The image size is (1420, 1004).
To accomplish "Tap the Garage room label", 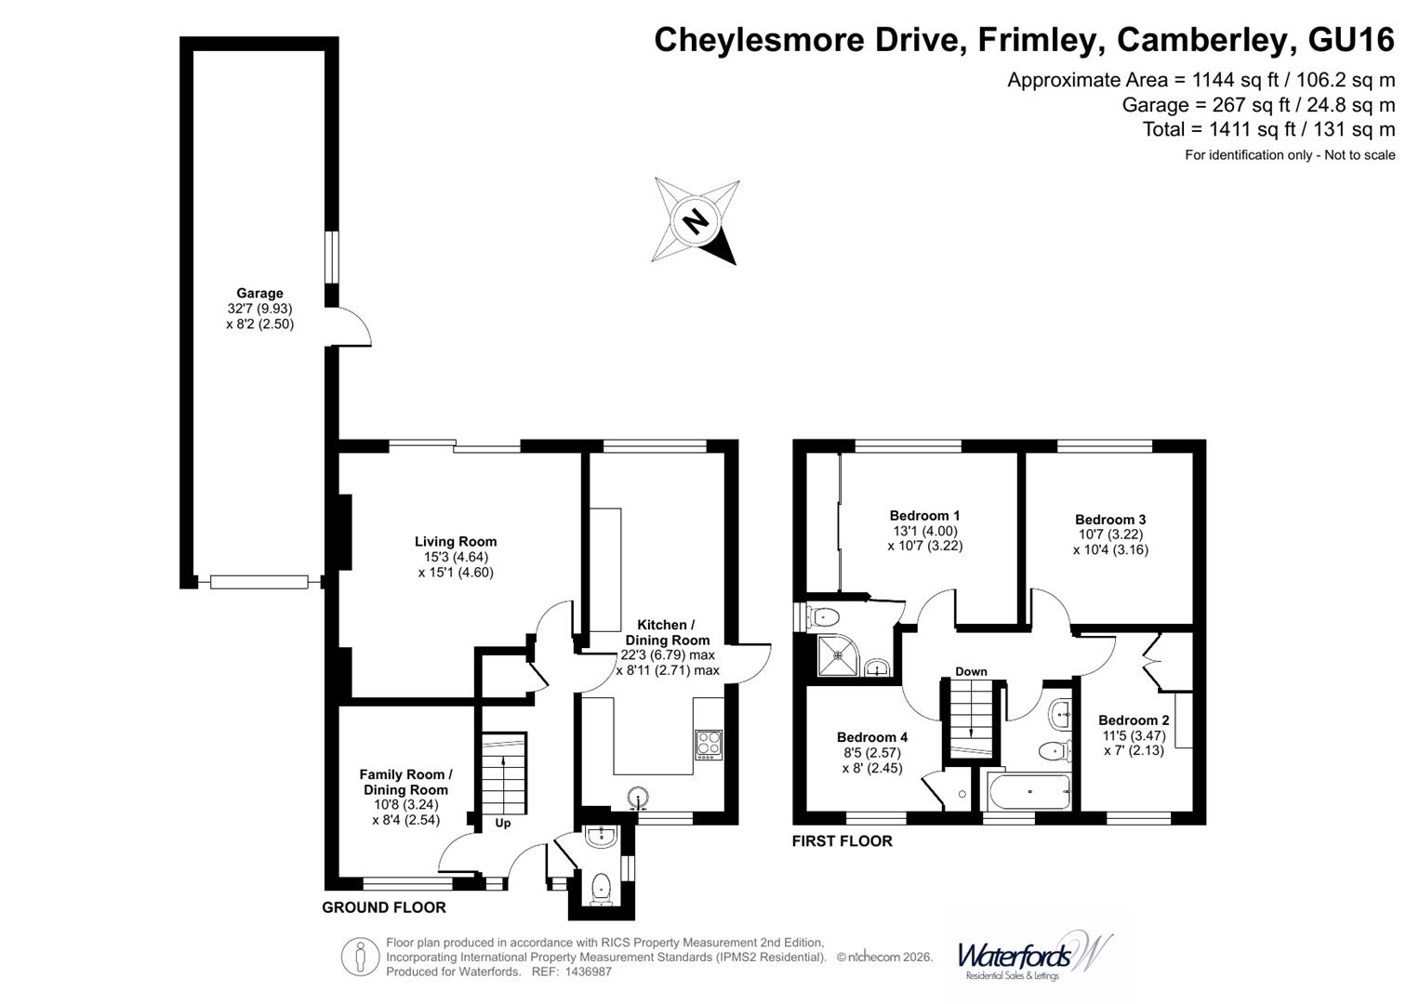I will click(x=259, y=293).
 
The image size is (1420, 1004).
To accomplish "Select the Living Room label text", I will click(x=456, y=541).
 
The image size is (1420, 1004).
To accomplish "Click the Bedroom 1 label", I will click(x=924, y=515).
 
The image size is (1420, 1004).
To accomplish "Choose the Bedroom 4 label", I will click(x=872, y=737).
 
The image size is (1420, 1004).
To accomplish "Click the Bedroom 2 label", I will click(x=1134, y=720).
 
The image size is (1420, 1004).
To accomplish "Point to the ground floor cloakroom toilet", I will click(x=601, y=886).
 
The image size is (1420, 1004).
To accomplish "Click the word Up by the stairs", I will click(x=503, y=823).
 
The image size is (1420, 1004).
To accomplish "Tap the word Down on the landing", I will click(x=971, y=671).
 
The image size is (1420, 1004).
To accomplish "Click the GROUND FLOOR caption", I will click(x=384, y=907).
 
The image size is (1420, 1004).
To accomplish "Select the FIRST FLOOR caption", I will click(x=842, y=841).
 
